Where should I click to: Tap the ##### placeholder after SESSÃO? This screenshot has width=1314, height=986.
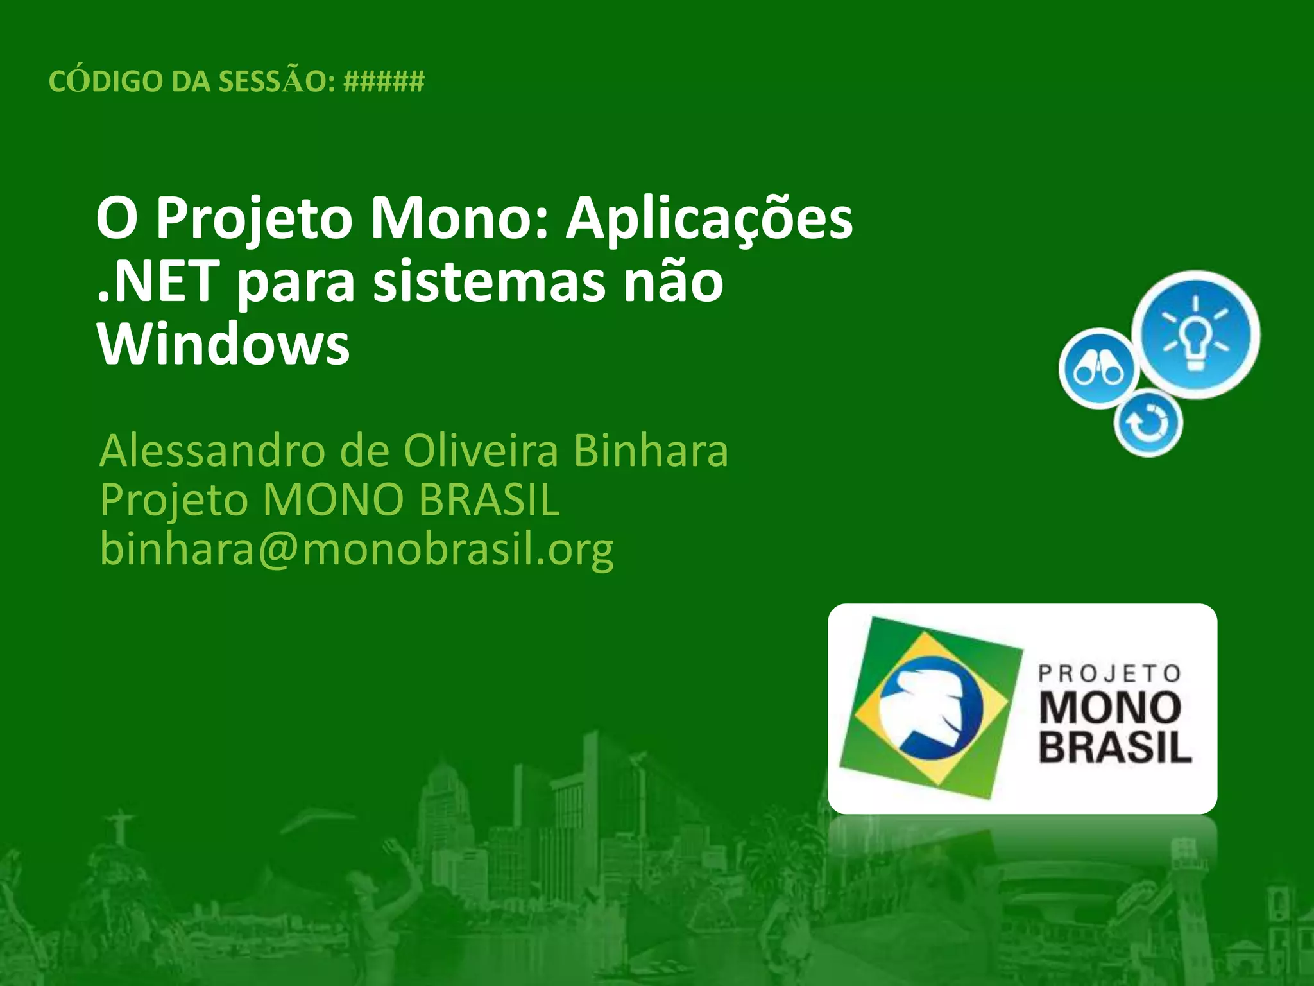tap(384, 82)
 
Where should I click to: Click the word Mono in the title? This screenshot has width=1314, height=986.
tap(458, 218)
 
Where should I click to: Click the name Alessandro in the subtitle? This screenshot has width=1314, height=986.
tap(212, 451)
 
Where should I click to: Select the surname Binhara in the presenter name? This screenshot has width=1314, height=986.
tap(651, 451)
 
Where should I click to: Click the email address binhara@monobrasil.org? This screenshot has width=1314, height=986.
tap(357, 549)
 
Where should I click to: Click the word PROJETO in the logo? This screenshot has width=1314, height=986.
tap(1109, 673)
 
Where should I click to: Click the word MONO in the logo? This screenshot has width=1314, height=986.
tap(1109, 707)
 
